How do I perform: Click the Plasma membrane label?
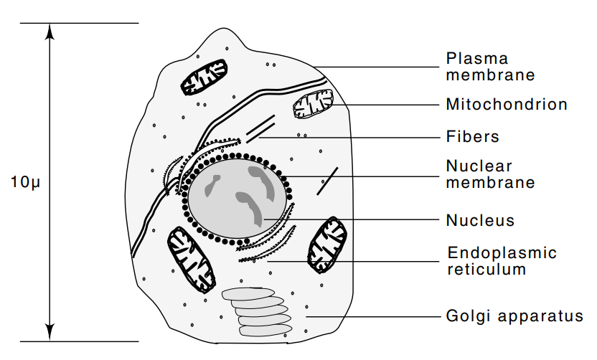tap(490, 66)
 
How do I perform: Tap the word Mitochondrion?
tap(506, 105)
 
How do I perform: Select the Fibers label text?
tap(472, 136)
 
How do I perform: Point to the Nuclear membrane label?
tap(490, 174)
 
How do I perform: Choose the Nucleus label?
tap(480, 220)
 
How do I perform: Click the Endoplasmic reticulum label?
tap(502, 261)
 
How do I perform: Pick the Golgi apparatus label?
tap(514, 316)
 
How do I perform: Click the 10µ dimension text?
tap(24, 182)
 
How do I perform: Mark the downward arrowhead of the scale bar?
tap(49, 333)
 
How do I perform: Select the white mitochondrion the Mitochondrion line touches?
tap(312, 105)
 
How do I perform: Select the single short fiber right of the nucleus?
tap(328, 181)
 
